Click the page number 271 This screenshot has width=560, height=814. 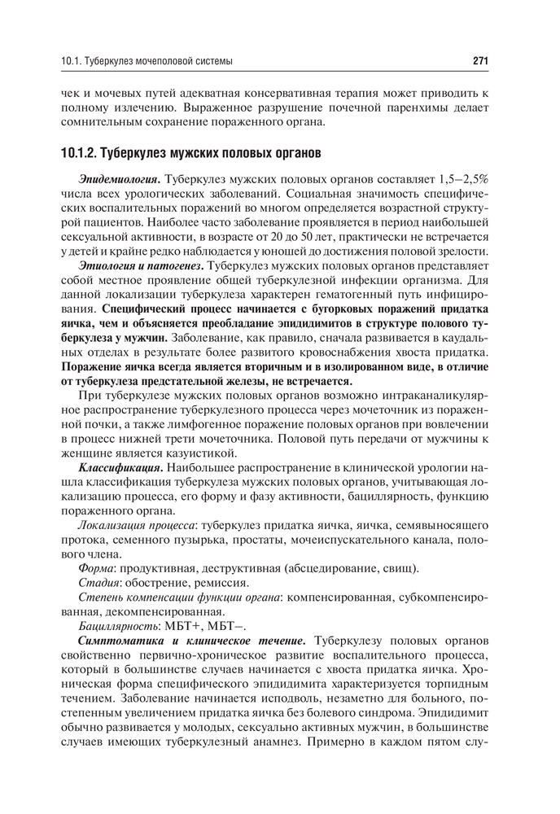479,60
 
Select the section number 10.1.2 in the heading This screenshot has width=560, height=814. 80,152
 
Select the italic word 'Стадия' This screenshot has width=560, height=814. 98,583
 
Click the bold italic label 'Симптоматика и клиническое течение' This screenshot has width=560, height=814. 192,641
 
